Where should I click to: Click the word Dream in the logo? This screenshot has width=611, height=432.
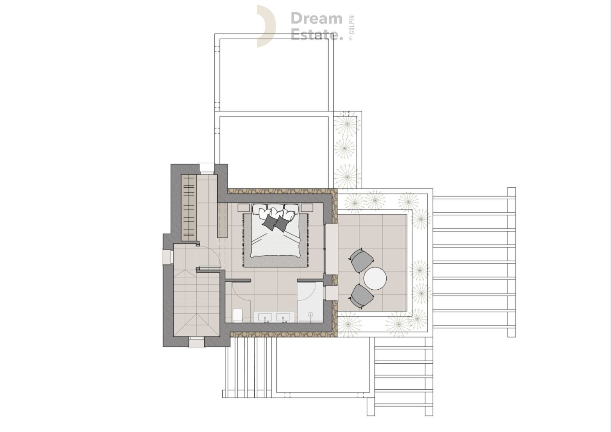click(316, 18)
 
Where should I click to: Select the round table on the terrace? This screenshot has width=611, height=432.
click(375, 278)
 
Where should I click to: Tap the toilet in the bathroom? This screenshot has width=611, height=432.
click(238, 315)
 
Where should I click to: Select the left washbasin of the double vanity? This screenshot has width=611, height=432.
click(265, 317)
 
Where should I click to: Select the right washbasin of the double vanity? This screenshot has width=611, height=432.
click(283, 317)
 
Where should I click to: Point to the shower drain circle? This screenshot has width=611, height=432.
click(310, 314)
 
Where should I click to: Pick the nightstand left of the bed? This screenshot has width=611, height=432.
click(244, 208)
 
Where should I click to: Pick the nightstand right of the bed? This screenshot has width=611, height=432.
click(307, 208)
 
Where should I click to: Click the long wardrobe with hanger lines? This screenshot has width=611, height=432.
click(189, 208)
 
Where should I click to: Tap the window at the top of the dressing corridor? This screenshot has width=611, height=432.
click(206, 169)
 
